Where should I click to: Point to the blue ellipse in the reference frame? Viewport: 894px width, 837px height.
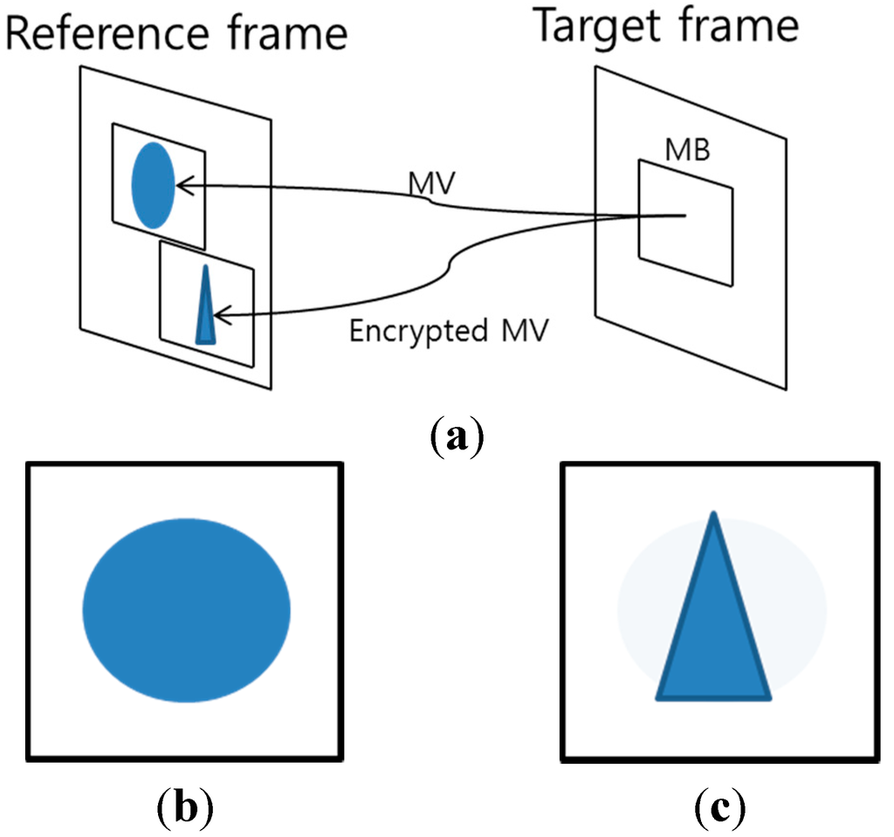tap(153, 185)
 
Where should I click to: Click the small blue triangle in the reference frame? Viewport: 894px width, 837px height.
tap(205, 310)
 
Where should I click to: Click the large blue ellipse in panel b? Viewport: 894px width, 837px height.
tap(186, 609)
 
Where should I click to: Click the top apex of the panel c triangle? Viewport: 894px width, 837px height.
tap(713, 516)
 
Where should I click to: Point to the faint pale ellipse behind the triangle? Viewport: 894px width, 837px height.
tap(799, 602)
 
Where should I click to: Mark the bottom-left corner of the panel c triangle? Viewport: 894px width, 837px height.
tap(659, 696)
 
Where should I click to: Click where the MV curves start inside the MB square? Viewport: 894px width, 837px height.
tap(684, 215)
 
